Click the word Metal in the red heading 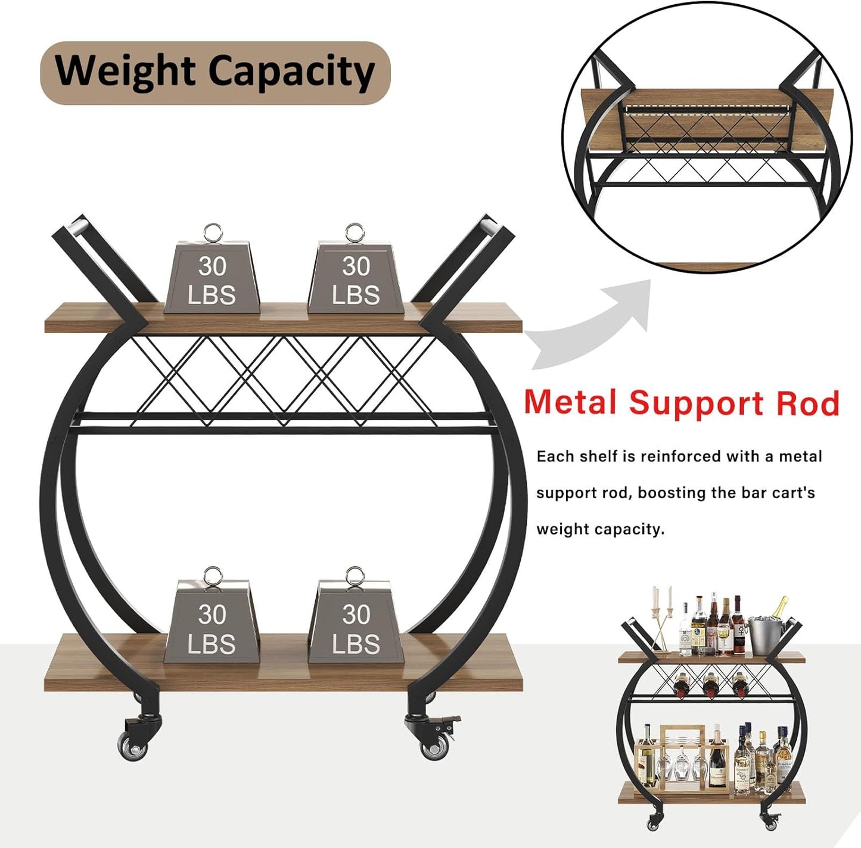[x=570, y=403]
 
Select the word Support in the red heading [x=696, y=403]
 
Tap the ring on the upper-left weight [x=213, y=232]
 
